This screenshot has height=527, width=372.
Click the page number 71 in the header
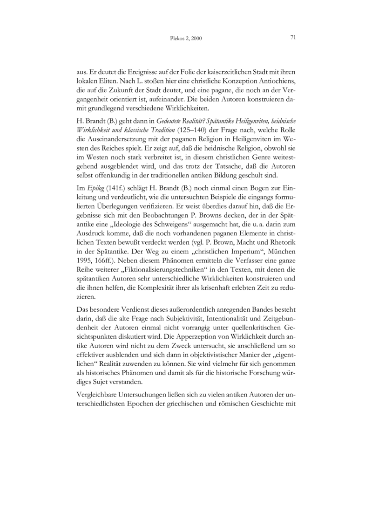coord(293,37)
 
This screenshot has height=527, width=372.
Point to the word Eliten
coord(104,81)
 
